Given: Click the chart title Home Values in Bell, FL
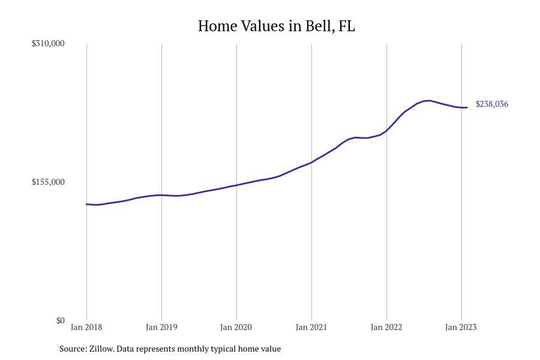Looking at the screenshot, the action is (276, 26).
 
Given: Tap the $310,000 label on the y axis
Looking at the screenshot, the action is (48, 43).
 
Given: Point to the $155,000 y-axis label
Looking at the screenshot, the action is (48, 182).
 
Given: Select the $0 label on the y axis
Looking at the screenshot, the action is (60, 320).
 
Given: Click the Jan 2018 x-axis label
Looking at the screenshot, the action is (86, 327).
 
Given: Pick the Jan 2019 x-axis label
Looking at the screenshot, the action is (161, 327).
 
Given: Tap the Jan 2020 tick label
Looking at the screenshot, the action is (236, 327).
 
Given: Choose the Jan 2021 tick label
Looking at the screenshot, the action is (311, 327).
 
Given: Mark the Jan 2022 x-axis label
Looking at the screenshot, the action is (386, 327).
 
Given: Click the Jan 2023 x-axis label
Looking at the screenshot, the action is (461, 327).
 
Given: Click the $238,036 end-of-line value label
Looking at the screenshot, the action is (492, 104).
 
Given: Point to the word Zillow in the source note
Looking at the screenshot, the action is (101, 349).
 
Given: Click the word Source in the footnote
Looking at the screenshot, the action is (73, 349).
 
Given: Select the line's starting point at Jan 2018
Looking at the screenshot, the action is (86, 204).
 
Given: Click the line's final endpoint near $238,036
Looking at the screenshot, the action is (467, 107).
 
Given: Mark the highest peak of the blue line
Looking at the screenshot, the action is (429, 101).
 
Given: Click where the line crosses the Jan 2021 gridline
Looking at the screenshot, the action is (311, 162).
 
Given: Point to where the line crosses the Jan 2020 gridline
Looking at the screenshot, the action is (236, 185).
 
